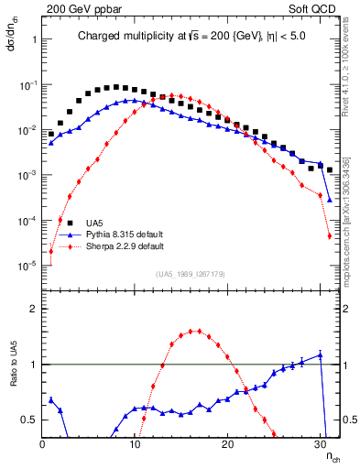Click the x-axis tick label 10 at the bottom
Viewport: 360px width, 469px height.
pos(135,443)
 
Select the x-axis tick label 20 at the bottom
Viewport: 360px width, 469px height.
pos(228,443)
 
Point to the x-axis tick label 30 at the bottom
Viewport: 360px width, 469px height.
pos(321,443)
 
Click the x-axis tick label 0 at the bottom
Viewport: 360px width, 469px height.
pos(42,443)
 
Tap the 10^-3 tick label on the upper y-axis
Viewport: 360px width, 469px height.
pos(27,175)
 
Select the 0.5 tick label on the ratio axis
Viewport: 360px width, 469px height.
pos(28,420)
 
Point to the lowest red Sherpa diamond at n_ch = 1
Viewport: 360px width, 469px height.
pos(51,252)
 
